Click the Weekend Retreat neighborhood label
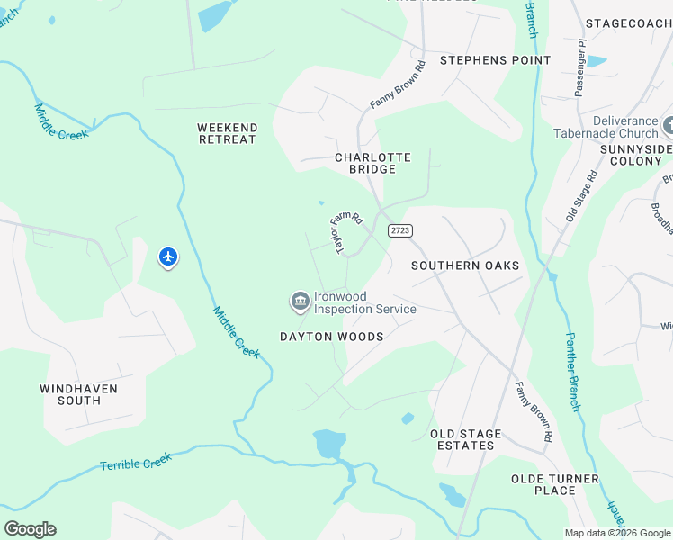(227, 134)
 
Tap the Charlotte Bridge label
(372, 163)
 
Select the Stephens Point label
(495, 60)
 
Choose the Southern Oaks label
(465, 265)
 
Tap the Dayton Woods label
(331, 337)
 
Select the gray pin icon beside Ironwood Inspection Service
(300, 301)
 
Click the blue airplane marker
(168, 257)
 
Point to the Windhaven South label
(79, 394)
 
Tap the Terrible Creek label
(135, 463)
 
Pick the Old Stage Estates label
(466, 439)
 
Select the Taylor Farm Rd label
(345, 232)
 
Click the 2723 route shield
(400, 231)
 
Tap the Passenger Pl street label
(580, 67)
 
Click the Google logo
(30, 529)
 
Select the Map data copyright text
(617, 533)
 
